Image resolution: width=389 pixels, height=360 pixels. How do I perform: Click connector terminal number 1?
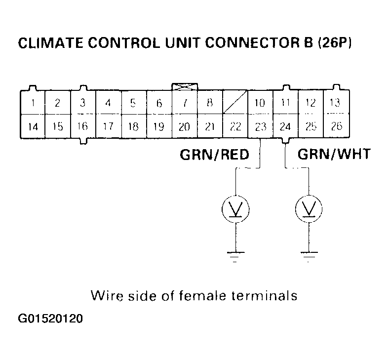[32, 103]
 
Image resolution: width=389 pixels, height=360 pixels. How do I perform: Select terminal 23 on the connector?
[260, 126]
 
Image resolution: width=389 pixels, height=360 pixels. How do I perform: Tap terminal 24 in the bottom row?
[285, 126]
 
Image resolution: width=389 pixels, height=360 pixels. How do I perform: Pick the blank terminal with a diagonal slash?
[235, 103]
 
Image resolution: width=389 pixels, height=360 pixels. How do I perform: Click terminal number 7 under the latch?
[184, 103]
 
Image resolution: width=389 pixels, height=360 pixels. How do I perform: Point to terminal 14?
[32, 126]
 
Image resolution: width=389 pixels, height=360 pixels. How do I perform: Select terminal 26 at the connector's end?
[336, 126]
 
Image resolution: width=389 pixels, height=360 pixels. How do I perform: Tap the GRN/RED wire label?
[213, 155]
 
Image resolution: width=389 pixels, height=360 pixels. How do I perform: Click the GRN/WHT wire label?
[334, 155]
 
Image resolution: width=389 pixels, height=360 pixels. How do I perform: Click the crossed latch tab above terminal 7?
[184, 86]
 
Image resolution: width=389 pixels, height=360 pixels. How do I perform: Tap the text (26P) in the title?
[334, 43]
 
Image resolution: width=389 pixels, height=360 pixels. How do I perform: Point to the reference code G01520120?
[51, 319]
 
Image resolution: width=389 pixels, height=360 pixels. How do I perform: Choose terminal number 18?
[133, 126]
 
